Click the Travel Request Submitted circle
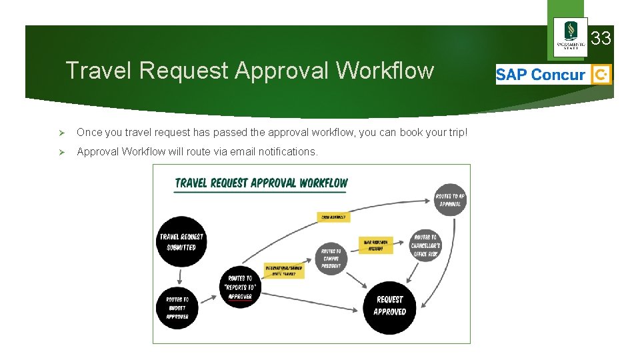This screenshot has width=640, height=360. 182,241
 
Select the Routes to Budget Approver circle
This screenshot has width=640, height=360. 177,308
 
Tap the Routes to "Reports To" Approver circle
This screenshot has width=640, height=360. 240,287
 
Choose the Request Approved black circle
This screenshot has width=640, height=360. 389,306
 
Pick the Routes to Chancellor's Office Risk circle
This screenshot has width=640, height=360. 425,245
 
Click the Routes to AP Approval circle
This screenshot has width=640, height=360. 450,200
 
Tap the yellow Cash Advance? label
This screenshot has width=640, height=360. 333,217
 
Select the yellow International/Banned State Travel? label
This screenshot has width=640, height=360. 285,270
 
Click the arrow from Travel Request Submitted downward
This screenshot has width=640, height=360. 180,276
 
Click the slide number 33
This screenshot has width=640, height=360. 601,39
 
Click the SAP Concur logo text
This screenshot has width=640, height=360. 541,75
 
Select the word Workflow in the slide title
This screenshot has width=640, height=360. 385,70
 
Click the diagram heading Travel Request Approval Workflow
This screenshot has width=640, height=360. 261,183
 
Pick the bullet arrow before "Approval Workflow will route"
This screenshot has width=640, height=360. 61,152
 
